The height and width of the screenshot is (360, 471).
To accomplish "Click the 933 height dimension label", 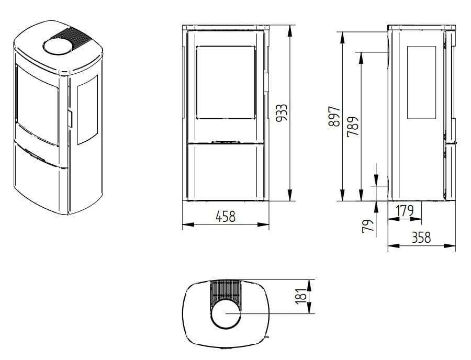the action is (282, 113).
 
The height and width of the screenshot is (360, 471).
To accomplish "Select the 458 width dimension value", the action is (226, 217).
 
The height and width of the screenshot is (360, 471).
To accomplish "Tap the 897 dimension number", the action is (334, 116).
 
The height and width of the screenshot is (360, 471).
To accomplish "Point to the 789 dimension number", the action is (353, 127).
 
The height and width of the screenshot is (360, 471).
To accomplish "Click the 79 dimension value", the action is (368, 226).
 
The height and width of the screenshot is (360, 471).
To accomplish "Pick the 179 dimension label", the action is (404, 211).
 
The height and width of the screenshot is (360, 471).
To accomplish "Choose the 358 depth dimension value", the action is (421, 238).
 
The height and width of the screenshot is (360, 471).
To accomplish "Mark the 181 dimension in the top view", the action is (301, 296).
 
